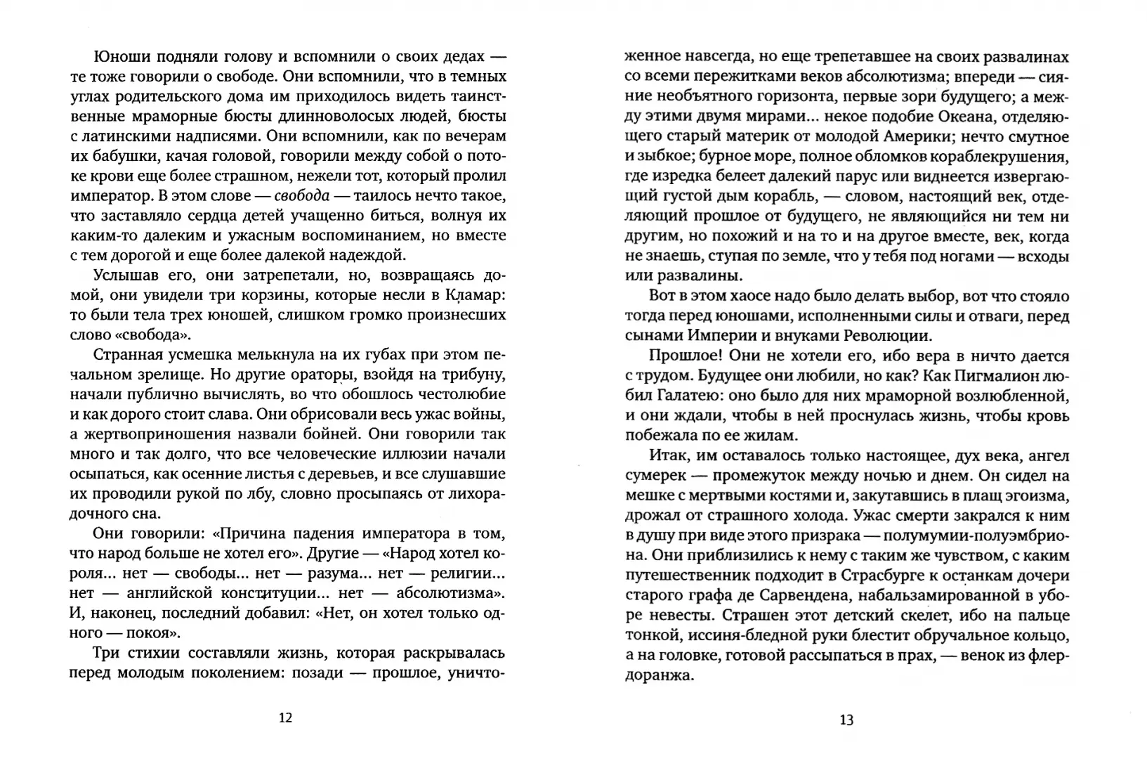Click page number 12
pos(285,718)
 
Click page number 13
pos(846,719)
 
